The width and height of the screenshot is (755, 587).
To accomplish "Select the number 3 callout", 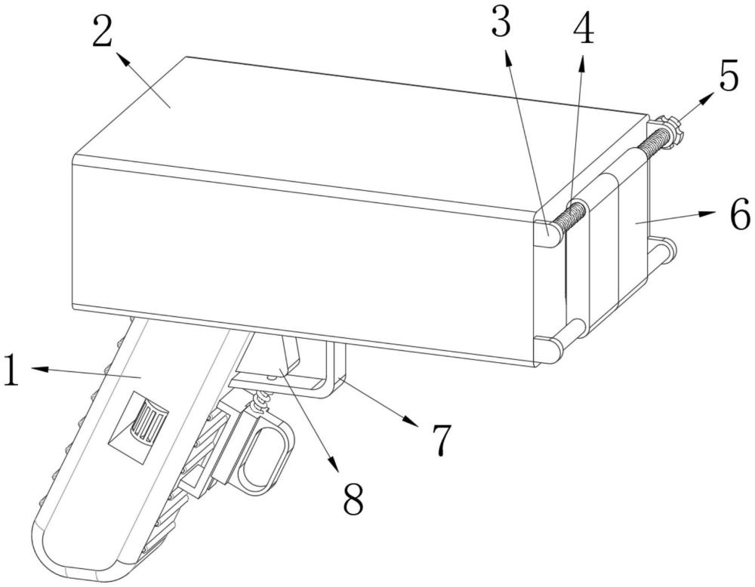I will click(501, 24).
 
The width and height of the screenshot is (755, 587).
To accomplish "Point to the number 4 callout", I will click(583, 29).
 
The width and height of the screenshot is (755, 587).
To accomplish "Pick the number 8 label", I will click(353, 497).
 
